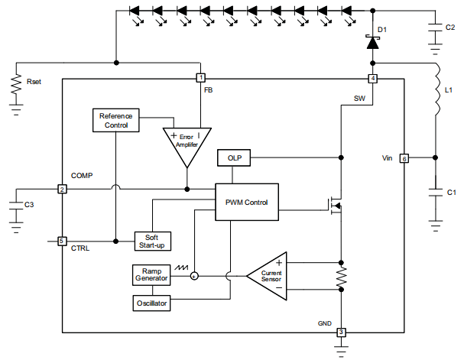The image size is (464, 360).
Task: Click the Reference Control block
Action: coord(115,120)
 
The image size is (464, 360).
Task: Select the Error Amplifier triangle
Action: coord(186,144)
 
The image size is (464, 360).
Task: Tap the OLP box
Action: coord(234,157)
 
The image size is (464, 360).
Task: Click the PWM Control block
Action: coord(246,202)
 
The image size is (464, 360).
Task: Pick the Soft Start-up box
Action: coord(153,240)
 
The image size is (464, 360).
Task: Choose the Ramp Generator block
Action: coord(151,275)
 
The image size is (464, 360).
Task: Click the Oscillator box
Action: coord(151,303)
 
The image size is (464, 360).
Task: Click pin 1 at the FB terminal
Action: coord(201,78)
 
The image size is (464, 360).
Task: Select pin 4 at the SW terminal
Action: coord(372,79)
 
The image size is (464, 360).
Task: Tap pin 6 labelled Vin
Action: coord(404,158)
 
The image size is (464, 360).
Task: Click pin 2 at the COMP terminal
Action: coord(62,189)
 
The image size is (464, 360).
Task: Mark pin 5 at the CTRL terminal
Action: coord(62,241)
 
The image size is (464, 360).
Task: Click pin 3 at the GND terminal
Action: coord(341,332)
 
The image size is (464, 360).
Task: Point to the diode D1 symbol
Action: coord(372,43)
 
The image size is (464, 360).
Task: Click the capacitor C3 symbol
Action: coord(15,204)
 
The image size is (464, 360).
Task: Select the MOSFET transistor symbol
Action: coord(335,205)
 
